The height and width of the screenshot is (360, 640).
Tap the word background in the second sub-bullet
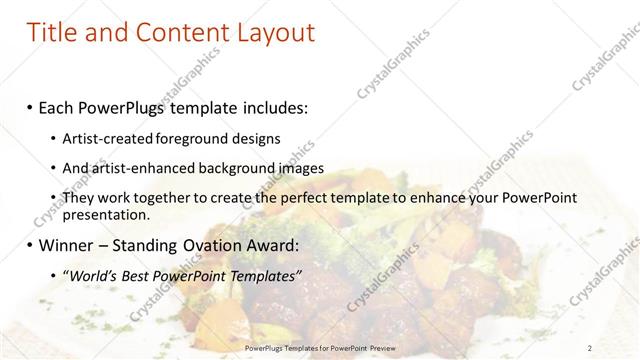pos(233,168)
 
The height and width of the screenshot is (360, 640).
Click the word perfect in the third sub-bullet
pos(310,199)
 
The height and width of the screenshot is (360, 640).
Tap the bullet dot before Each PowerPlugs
pos(30,107)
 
